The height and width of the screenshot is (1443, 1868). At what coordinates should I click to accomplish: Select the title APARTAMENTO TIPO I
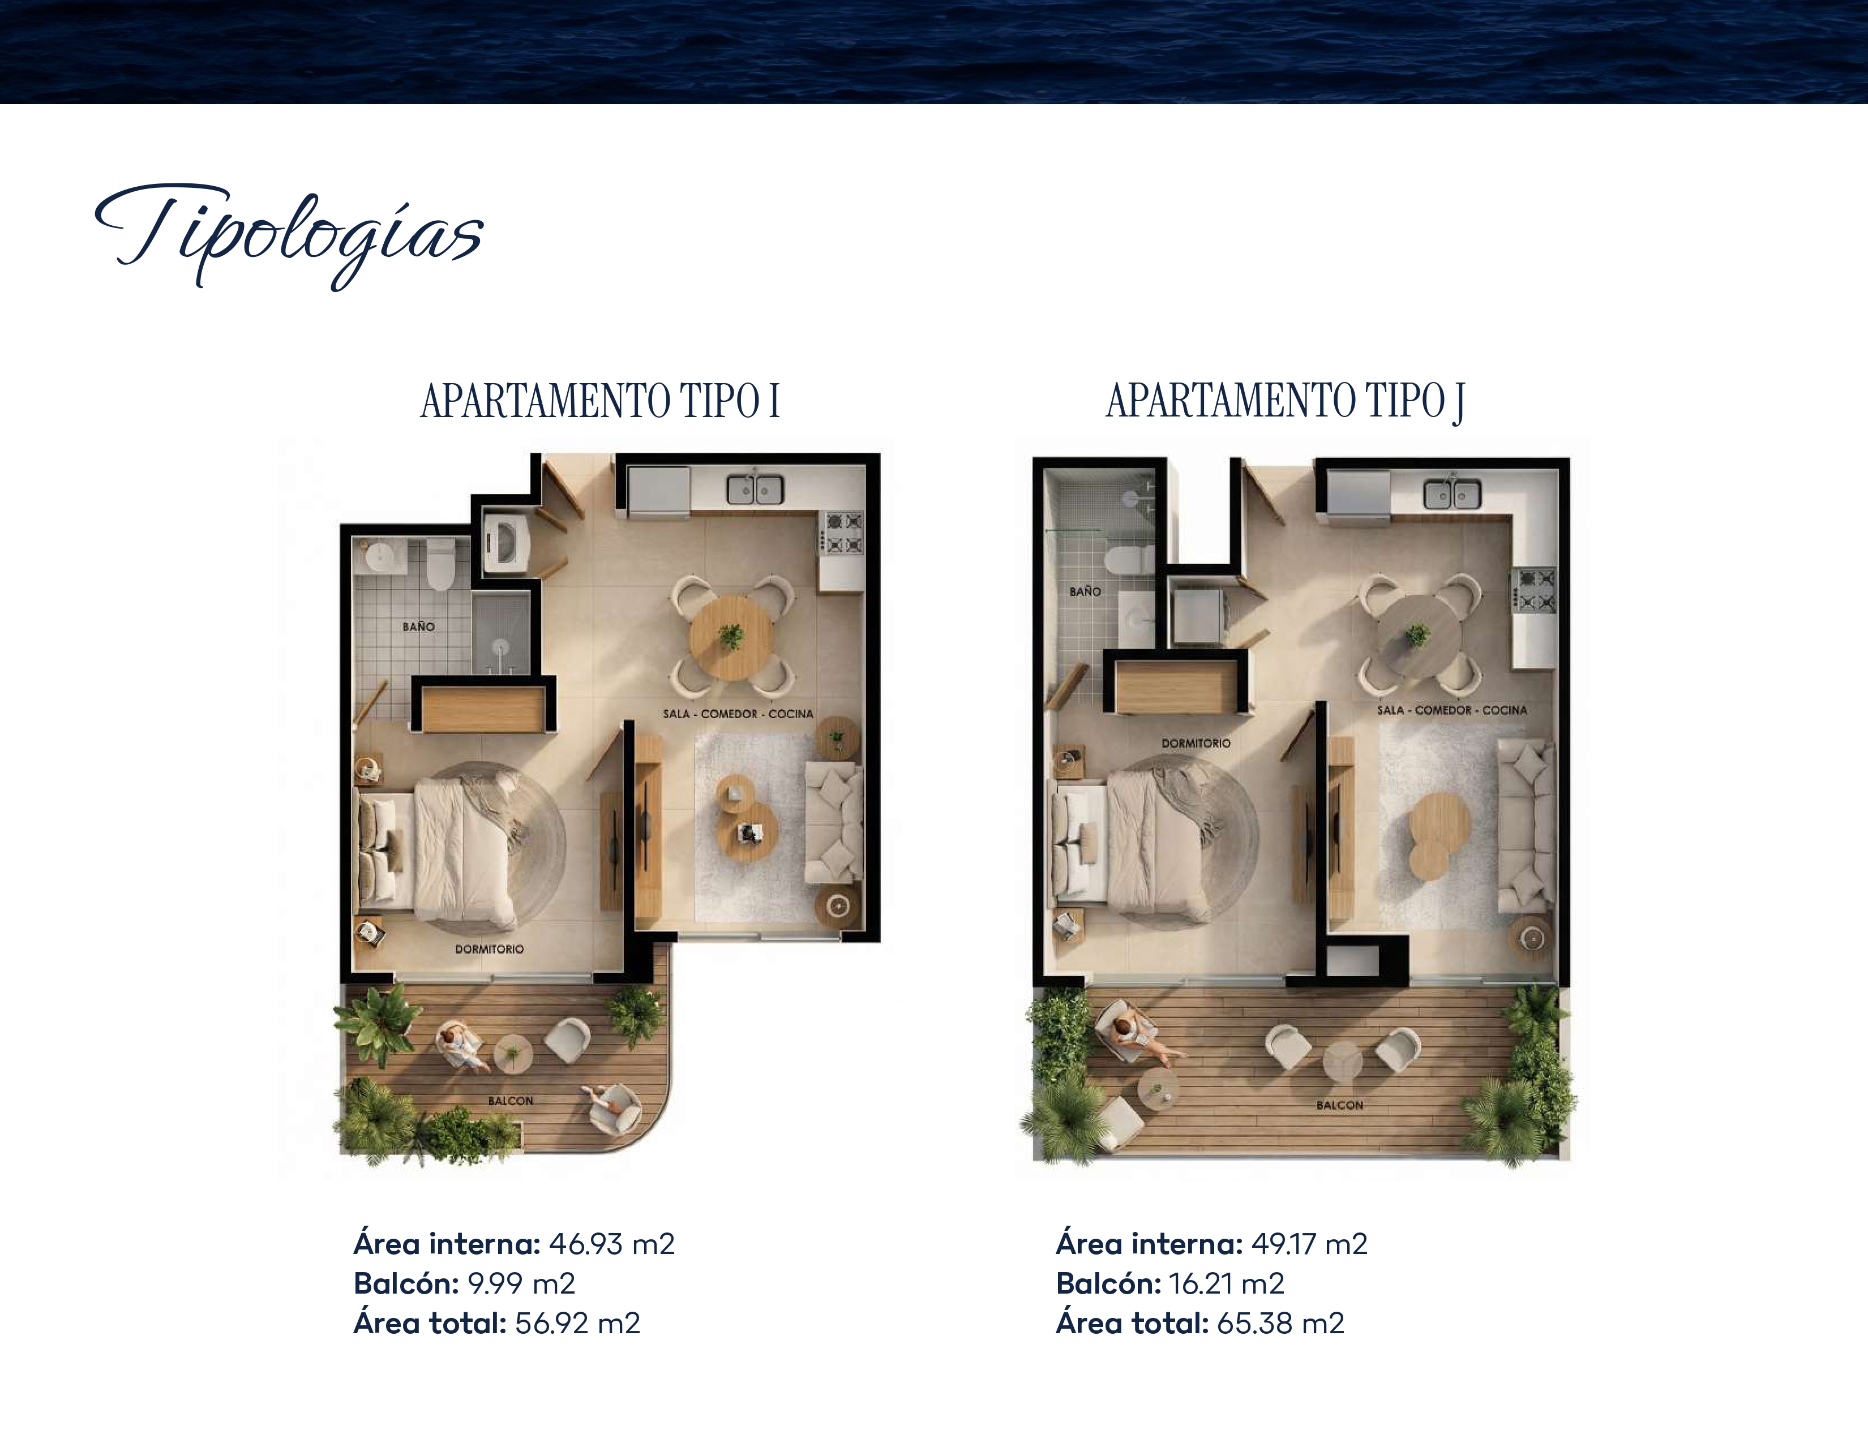(601, 401)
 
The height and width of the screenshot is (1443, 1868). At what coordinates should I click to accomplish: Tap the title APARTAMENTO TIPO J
(1285, 401)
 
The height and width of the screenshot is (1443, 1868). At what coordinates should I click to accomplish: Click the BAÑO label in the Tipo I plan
(418, 626)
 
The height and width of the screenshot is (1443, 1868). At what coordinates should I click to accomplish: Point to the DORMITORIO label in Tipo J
(1196, 744)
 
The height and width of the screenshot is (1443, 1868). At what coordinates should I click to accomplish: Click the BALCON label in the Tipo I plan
(511, 1101)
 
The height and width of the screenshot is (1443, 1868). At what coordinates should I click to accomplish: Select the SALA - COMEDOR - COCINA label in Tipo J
(1451, 710)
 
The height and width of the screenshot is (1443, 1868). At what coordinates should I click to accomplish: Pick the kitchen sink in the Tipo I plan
(755, 489)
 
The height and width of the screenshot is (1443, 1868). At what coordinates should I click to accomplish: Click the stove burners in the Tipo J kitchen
(1536, 591)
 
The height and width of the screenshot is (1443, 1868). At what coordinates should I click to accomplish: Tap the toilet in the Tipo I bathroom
(440, 564)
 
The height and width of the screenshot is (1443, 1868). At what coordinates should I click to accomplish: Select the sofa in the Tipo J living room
(1525, 824)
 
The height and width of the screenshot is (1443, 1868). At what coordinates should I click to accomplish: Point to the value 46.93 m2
(611, 1244)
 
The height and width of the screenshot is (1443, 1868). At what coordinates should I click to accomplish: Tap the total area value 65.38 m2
(1280, 1324)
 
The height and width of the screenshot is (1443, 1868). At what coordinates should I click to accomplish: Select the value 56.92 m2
(577, 1324)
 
